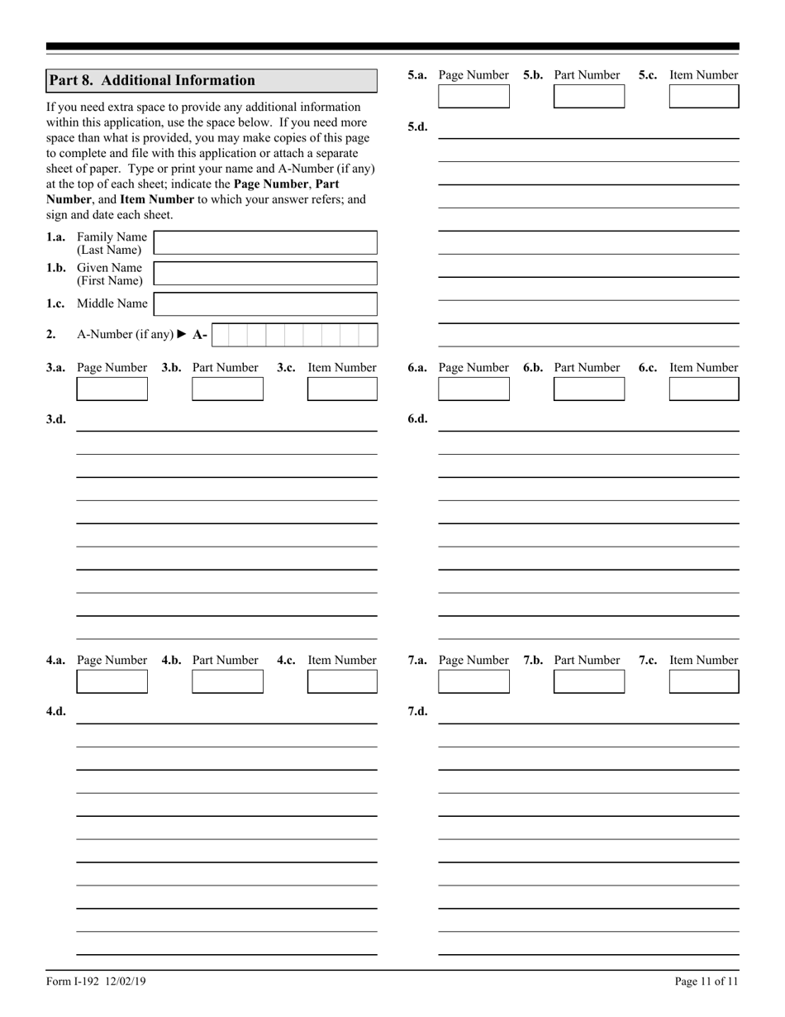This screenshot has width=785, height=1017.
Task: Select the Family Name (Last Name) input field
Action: pyautogui.click(x=265, y=243)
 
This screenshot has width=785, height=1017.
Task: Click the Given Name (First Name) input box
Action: pyautogui.click(x=265, y=274)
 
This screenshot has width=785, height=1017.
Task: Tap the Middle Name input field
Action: pyautogui.click(x=265, y=303)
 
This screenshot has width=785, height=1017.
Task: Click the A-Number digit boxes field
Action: pyautogui.click(x=294, y=335)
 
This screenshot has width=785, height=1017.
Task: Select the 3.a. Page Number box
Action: pyautogui.click(x=112, y=389)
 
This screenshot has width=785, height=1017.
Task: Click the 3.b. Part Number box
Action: pyautogui.click(x=227, y=389)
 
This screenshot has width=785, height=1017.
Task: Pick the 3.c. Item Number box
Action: pyautogui.click(x=342, y=389)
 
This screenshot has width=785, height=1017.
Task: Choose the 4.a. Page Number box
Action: pyautogui.click(x=112, y=681)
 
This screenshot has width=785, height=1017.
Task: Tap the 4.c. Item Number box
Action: pyautogui.click(x=342, y=681)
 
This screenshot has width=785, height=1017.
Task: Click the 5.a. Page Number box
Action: pyautogui.click(x=473, y=97)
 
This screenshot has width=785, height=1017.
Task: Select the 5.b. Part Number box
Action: pyautogui.click(x=589, y=97)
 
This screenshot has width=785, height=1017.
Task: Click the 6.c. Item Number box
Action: pyautogui.click(x=704, y=389)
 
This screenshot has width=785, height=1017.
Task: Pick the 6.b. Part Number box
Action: pyautogui.click(x=589, y=389)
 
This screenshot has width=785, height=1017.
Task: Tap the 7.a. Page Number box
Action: pyautogui.click(x=473, y=681)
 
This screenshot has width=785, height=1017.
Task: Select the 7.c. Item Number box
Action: pyautogui.click(x=704, y=681)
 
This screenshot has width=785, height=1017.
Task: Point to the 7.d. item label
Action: pyautogui.click(x=417, y=711)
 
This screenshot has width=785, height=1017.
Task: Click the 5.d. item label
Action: pyautogui.click(x=417, y=127)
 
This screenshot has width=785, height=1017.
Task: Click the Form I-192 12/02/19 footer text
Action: pyautogui.click(x=96, y=981)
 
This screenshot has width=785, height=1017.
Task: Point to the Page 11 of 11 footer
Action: pyautogui.click(x=706, y=981)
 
